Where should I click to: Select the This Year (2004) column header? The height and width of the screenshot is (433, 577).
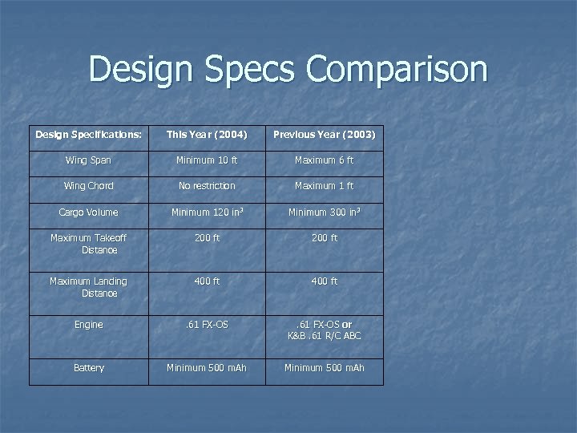[x=207, y=134]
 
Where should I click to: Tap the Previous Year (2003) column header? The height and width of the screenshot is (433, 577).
[x=324, y=134]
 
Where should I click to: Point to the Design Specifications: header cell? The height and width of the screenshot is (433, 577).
[x=88, y=134]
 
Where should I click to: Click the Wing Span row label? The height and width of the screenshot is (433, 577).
[x=88, y=160]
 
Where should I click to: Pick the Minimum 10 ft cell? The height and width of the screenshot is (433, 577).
[x=207, y=160]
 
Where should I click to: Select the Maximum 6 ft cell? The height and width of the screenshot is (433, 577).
[x=324, y=160]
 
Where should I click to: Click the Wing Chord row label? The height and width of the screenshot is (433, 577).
[x=88, y=186]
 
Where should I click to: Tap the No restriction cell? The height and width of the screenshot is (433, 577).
[x=207, y=186]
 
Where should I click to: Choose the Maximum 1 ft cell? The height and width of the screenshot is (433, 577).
[x=324, y=186]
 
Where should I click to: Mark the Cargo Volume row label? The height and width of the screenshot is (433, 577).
[x=88, y=212]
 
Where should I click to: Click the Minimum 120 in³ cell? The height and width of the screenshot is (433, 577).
[x=207, y=212]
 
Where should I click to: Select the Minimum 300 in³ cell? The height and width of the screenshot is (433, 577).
[x=324, y=212]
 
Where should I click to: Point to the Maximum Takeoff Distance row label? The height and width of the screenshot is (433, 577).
[x=88, y=244]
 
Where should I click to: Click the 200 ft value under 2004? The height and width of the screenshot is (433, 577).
[x=207, y=238]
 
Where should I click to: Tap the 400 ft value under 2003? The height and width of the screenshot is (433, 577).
[x=324, y=281]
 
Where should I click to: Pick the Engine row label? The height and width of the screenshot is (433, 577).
[x=88, y=325]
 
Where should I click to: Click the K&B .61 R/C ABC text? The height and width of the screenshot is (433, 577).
[x=324, y=336]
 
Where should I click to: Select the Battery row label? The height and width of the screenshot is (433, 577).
[x=88, y=368]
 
